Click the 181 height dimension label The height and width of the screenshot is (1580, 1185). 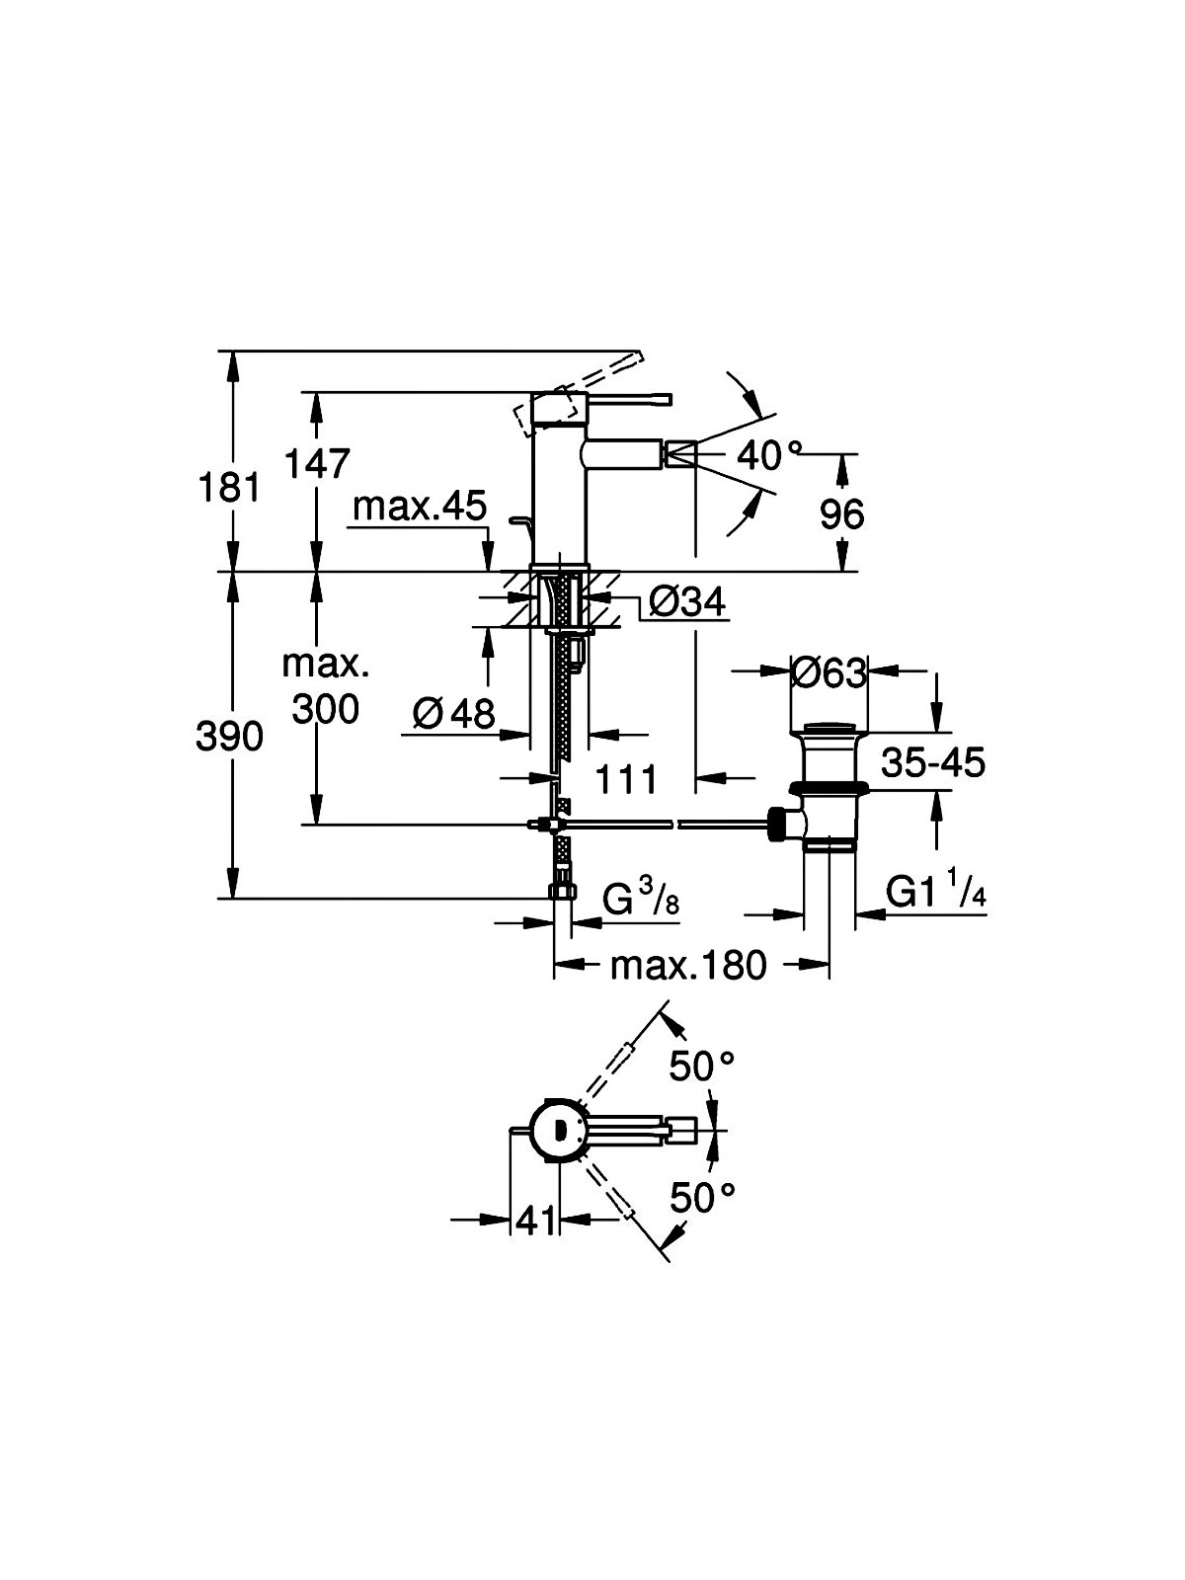tap(229, 488)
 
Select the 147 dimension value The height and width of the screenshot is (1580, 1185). tap(317, 463)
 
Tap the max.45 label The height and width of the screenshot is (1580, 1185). tap(420, 506)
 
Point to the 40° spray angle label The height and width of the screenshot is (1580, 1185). tap(767, 455)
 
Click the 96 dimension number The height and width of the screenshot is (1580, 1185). tap(841, 513)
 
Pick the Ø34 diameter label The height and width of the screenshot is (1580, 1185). tap(687, 600)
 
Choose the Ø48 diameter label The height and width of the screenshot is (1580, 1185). tap(454, 713)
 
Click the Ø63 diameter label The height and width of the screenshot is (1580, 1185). tap(829, 672)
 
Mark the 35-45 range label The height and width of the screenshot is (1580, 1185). tap(933, 762)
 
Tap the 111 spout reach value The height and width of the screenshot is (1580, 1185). tap(626, 779)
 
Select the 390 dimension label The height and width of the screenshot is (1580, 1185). tap(229, 737)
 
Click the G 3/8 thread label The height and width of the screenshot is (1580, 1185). tap(640, 898)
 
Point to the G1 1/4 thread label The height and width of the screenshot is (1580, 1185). tap(935, 892)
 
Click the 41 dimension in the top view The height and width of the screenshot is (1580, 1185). tap(537, 1220)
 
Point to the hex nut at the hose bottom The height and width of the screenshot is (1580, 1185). tap(563, 892)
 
